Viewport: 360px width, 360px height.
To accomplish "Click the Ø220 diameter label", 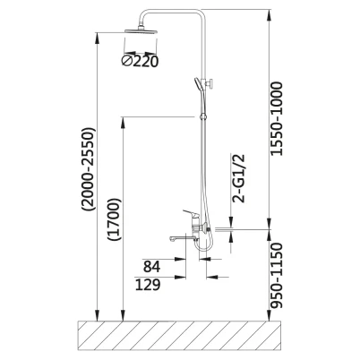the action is [140, 61].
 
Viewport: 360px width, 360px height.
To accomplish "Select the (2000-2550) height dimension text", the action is [90, 169].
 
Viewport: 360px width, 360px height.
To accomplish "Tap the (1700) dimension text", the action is [116, 219].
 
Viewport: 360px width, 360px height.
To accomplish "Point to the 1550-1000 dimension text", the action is [276, 119].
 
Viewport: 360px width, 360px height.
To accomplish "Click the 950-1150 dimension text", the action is [276, 276].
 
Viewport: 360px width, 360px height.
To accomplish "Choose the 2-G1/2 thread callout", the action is [238, 178].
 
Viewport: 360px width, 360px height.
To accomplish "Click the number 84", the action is [151, 267].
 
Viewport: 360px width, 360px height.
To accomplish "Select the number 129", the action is [148, 285].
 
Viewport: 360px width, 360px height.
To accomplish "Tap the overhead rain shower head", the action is [141, 31].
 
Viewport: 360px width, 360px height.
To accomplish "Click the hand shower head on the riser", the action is [197, 85].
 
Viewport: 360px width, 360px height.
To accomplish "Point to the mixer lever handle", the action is [191, 213].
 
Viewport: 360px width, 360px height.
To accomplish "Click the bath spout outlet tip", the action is [172, 239].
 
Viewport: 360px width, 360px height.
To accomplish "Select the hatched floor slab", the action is [179, 335].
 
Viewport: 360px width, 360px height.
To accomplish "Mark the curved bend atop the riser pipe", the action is [143, 15].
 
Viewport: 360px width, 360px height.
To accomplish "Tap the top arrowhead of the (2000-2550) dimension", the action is [97, 37].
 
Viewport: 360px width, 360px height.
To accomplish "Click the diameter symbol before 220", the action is [126, 61].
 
